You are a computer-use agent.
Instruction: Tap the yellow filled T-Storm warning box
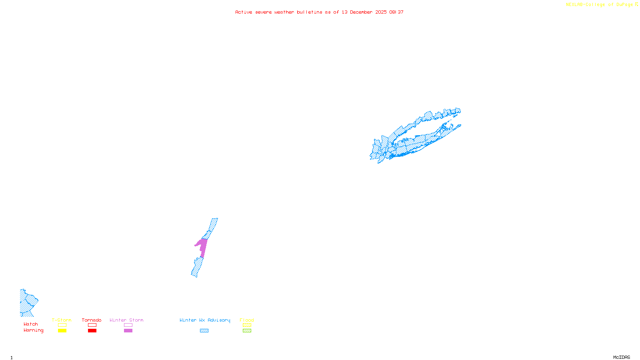(62, 331)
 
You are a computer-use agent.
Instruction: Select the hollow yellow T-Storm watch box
(62, 325)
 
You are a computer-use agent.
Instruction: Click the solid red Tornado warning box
(92, 331)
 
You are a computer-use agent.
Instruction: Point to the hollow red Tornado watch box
(92, 325)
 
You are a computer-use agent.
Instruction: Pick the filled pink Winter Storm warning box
(128, 331)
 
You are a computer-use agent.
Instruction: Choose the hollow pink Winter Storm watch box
(128, 325)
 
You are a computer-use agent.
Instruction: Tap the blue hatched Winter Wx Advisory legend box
(204, 331)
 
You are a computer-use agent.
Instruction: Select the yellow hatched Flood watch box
(247, 325)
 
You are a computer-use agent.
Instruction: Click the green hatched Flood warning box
(247, 331)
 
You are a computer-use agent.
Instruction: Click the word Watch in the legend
(31, 324)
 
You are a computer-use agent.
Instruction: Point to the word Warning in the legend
(33, 330)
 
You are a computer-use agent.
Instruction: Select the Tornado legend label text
(92, 320)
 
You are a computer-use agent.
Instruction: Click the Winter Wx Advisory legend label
(205, 320)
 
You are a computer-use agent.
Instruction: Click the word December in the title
(361, 12)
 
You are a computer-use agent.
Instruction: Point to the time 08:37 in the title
(396, 12)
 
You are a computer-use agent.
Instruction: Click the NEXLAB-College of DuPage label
(599, 4)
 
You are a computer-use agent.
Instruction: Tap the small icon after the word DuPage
(636, 4)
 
